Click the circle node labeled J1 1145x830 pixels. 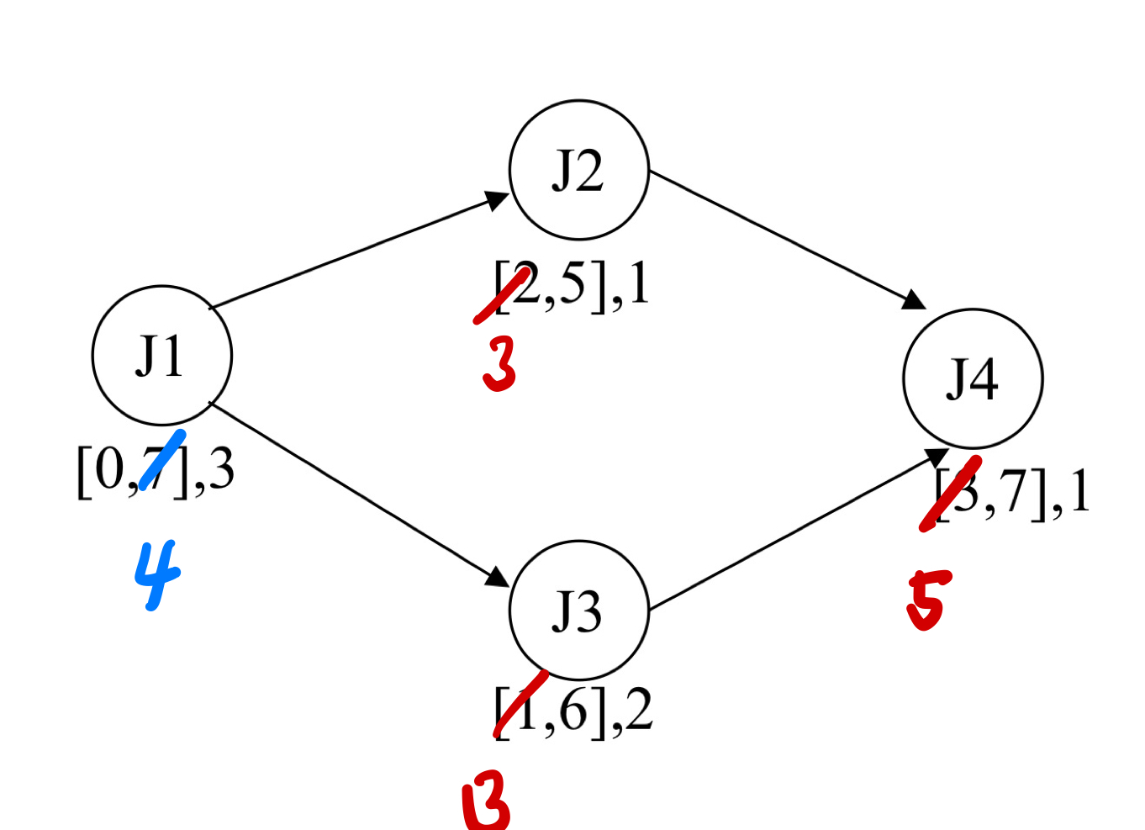[161, 355]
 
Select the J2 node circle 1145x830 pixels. [578, 170]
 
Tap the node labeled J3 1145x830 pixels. [578, 610]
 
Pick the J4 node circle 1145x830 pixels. [973, 378]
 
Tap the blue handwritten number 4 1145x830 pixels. [157, 574]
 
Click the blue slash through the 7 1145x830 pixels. [163, 459]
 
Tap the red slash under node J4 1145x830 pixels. [951, 494]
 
